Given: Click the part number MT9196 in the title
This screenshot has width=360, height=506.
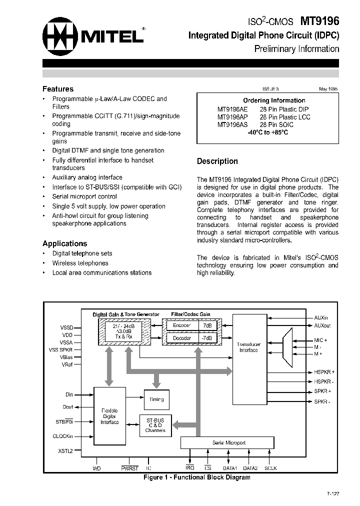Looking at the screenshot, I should coord(319,21).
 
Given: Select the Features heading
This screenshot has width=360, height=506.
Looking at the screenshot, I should coord(58,89).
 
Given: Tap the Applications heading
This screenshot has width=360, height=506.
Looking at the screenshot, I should coord(64,243).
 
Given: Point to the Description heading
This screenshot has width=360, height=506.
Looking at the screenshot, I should coord(217,161).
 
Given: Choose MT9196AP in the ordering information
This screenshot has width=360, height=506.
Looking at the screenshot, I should coord(232,117).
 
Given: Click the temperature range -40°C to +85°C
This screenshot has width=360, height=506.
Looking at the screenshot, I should coord(267,132).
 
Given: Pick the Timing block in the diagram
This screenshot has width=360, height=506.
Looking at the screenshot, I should coord(156,399).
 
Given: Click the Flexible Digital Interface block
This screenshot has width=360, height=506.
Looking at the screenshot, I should coord(109,416).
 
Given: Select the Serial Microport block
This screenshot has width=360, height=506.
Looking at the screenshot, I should coord(226,443).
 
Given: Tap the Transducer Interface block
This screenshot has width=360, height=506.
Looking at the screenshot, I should coord(248,347).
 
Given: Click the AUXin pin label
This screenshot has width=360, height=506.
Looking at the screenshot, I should coord(321,317).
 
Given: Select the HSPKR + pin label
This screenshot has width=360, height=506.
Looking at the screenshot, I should coord(324,372).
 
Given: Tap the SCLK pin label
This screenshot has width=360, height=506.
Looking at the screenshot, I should coord(270,468).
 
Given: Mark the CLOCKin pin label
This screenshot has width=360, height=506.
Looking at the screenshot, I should coord(63,436).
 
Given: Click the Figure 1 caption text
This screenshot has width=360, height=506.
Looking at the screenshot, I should coord(196,477).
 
